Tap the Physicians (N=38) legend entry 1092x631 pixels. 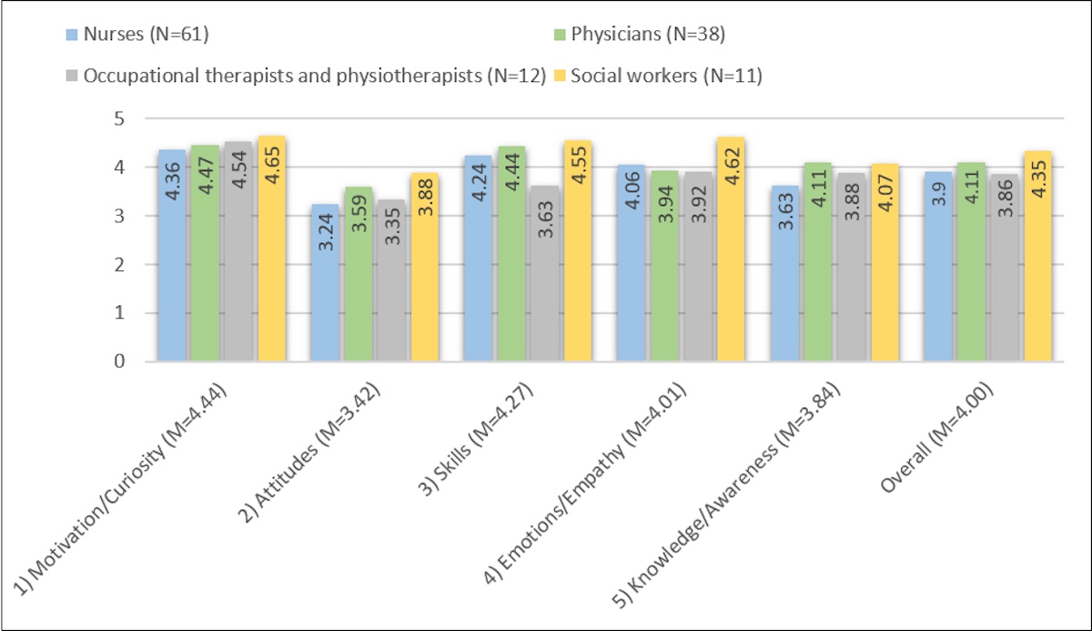pos(628,36)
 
